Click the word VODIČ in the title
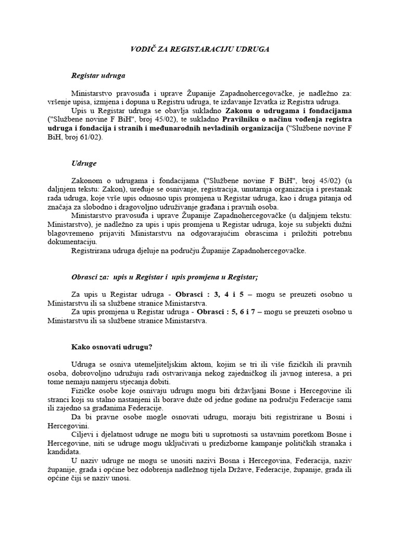pyautogui.click(x=141, y=49)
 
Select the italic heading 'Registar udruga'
pyautogui.click(x=98, y=75)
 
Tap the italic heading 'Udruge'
pyautogui.click(x=83, y=163)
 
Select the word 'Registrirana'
pyautogui.click(x=90, y=250)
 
